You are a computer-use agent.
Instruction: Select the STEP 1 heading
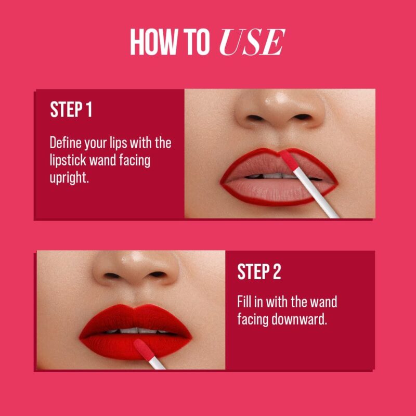(x=71, y=110)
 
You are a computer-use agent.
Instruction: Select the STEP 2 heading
(x=259, y=272)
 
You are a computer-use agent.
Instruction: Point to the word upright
(x=69, y=178)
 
